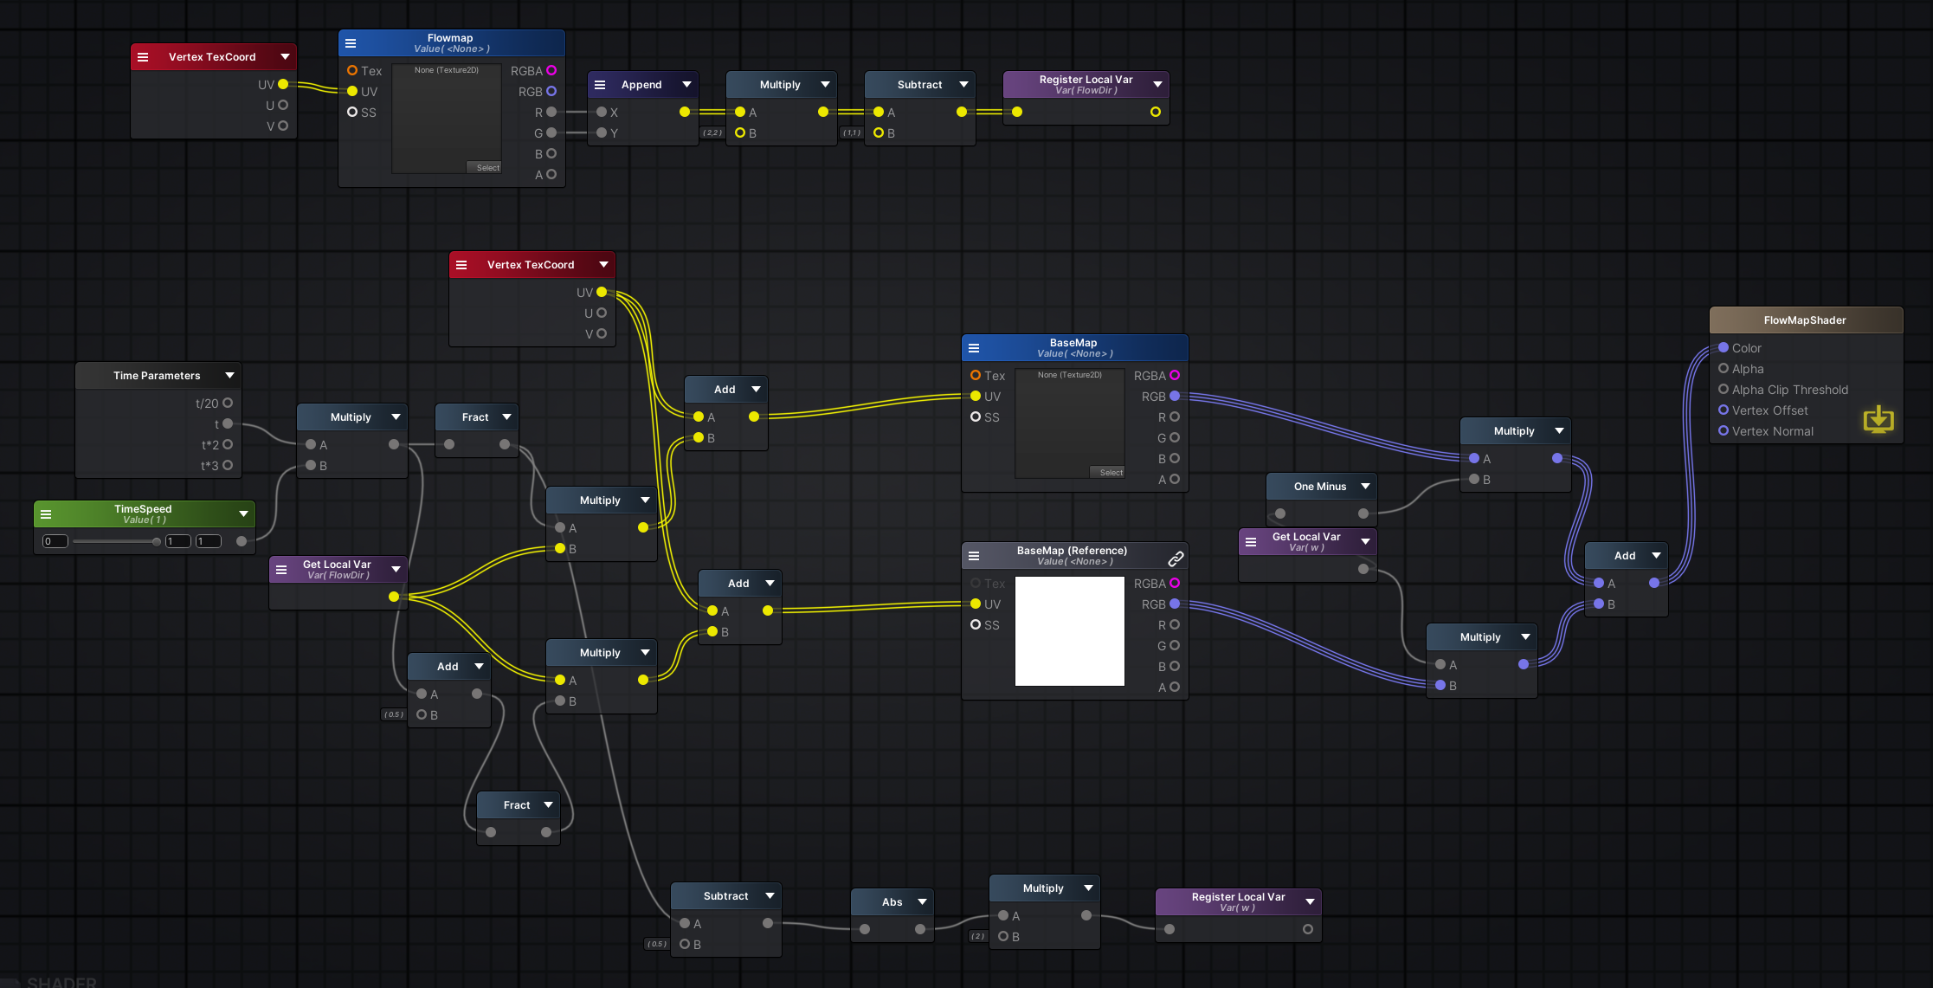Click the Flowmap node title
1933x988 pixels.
450,38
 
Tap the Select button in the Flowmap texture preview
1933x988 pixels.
487,168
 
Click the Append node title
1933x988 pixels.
641,85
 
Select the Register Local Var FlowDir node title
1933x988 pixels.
1086,80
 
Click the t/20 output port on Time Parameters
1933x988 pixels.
228,403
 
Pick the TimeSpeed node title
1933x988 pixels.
143,509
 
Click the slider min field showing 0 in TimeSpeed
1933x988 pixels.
55,541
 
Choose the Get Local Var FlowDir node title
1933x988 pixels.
337,565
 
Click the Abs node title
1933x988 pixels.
892,902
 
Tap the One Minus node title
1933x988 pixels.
1319,487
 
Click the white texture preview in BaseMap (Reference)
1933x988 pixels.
1069,631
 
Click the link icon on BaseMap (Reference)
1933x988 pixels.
1176,559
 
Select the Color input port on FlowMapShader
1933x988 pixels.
1724,347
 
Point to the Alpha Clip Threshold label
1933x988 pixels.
1789,390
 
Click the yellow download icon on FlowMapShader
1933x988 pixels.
1878,420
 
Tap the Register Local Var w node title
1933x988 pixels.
1238,897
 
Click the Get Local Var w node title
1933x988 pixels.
1305,537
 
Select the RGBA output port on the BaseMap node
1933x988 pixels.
1175,375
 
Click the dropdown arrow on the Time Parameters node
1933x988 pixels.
229,375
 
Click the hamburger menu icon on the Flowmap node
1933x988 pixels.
351,43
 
